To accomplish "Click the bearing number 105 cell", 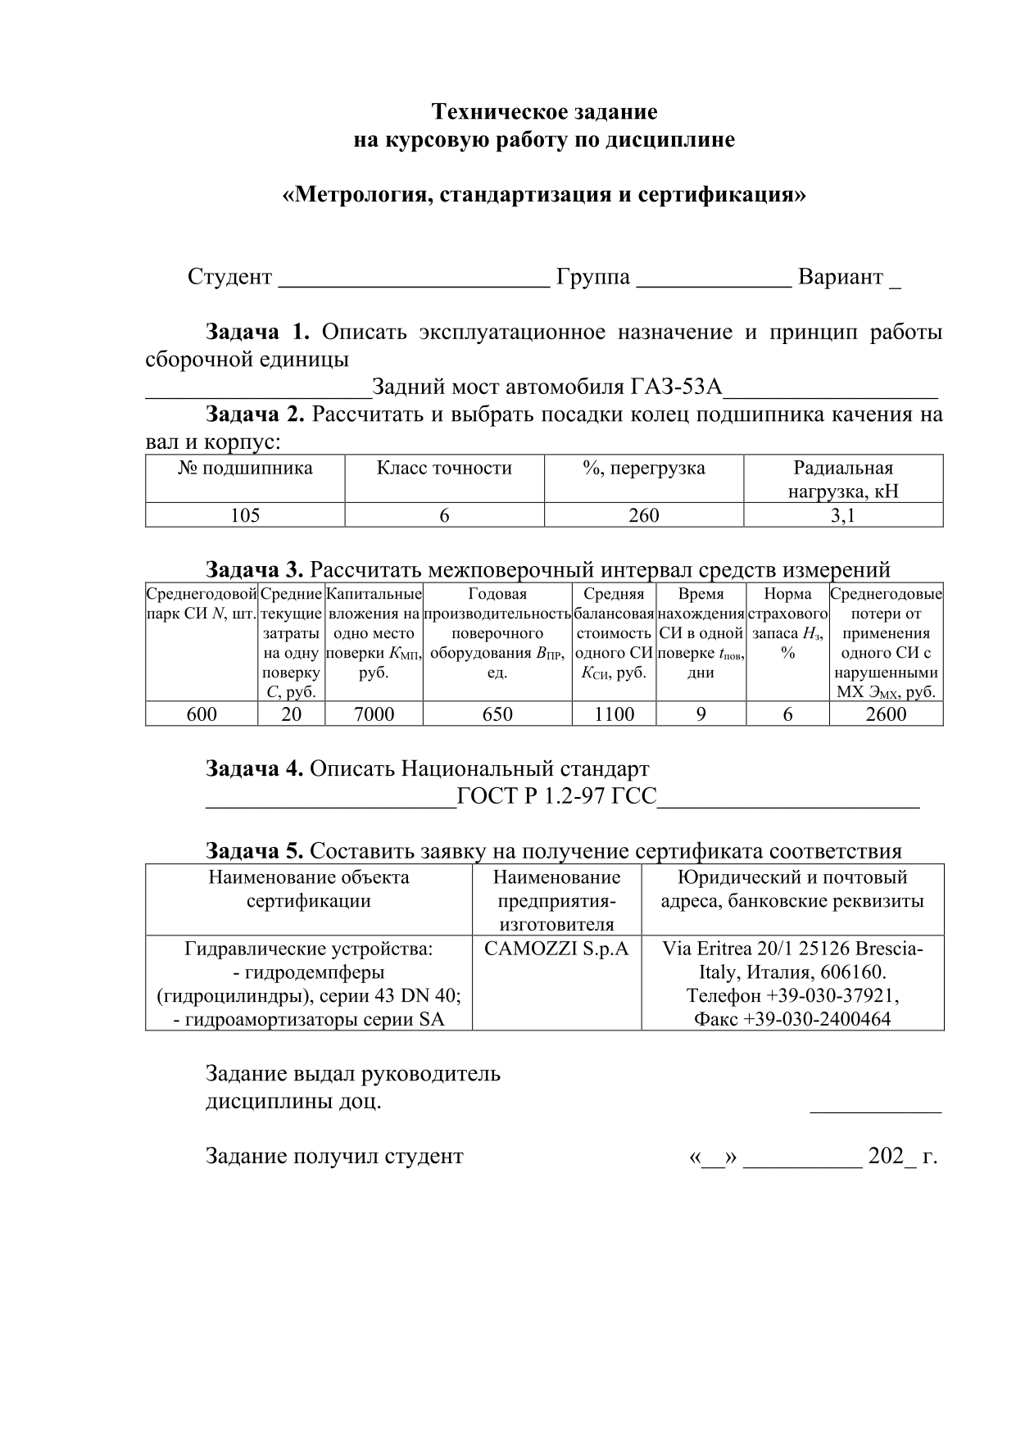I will (245, 515).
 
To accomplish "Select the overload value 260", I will (643, 515).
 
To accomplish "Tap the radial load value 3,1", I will (843, 515).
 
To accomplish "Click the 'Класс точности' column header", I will (444, 469).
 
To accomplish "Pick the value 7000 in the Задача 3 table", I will (374, 714).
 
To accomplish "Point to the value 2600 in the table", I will (886, 714).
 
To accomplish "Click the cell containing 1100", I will (614, 714).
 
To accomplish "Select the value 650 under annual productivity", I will (497, 714).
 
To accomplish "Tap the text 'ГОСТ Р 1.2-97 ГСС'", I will (556, 796).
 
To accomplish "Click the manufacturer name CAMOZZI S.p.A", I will (556, 949).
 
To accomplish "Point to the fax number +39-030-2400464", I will (792, 1020).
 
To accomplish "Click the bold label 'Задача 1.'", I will (257, 332).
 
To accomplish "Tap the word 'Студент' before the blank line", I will (229, 277).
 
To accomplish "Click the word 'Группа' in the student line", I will (593, 277).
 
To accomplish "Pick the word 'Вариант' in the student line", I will (841, 277).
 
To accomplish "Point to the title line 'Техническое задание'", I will (544, 111).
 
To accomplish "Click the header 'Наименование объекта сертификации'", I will (309, 890).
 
